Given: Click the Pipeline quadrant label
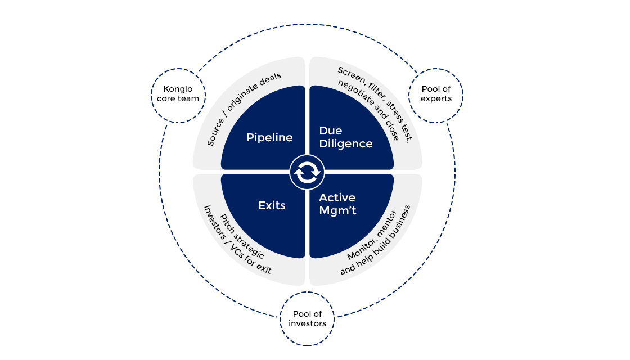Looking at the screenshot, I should pyautogui.click(x=269, y=137).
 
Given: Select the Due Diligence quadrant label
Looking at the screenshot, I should pyautogui.click(x=345, y=137).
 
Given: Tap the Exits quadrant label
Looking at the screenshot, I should pyautogui.click(x=272, y=205).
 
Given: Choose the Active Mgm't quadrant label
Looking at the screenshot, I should pyautogui.click(x=337, y=204).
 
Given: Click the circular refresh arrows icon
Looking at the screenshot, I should pyautogui.click(x=307, y=172).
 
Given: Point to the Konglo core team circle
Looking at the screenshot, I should pyautogui.click(x=178, y=94).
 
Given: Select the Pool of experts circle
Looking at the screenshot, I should pyautogui.click(x=436, y=94).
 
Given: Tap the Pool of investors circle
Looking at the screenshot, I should pyautogui.click(x=308, y=318).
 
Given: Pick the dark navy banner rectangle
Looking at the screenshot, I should pyautogui.click(x=310, y=34).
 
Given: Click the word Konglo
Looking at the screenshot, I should pyautogui.click(x=178, y=89).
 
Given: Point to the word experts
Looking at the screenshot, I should pyautogui.click(x=436, y=98).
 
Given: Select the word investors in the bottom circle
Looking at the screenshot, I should pyautogui.click(x=308, y=323).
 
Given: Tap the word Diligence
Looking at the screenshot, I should pyautogui.click(x=345, y=143).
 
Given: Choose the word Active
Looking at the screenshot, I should pyautogui.click(x=337, y=197).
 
